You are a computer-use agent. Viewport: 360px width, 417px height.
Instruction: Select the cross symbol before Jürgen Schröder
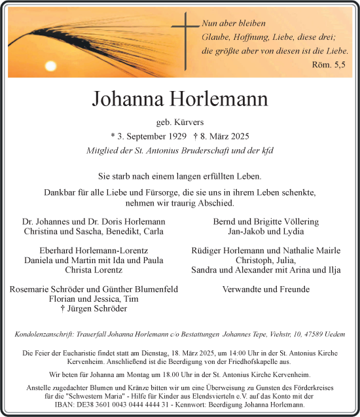coord(62,308)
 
